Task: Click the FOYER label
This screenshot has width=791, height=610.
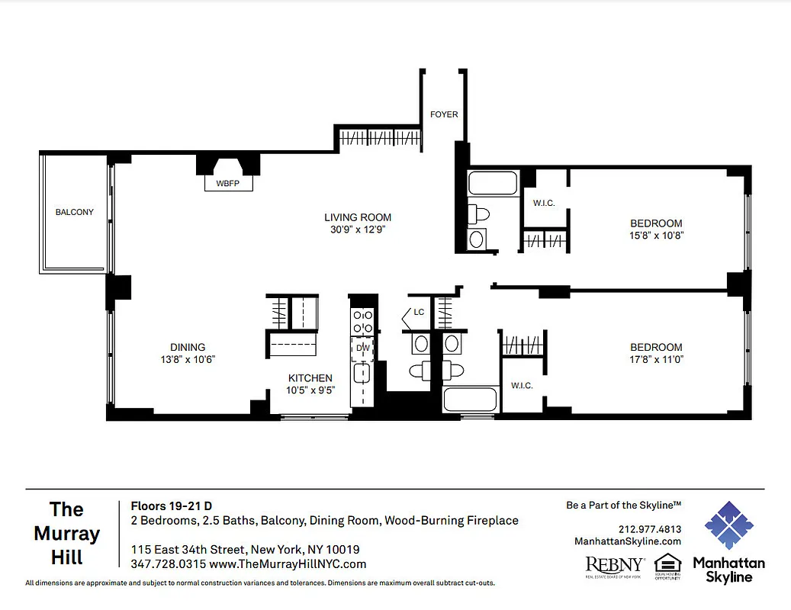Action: (444, 114)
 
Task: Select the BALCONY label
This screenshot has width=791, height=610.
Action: (75, 212)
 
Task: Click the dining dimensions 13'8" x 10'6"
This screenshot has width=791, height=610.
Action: (188, 358)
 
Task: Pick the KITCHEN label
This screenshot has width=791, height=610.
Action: (310, 378)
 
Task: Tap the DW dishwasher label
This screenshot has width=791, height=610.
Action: (362, 348)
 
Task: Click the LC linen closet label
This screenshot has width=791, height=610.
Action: (419, 312)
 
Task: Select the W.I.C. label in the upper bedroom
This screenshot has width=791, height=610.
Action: (543, 202)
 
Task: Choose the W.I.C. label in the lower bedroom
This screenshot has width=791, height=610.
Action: (522, 385)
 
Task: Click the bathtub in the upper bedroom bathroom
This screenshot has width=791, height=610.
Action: (493, 184)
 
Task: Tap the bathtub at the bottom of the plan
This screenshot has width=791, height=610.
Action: (469, 401)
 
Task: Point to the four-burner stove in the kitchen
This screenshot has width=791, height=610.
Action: (362, 322)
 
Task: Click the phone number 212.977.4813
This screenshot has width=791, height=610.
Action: (649, 529)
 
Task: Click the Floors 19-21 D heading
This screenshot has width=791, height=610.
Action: (172, 505)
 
